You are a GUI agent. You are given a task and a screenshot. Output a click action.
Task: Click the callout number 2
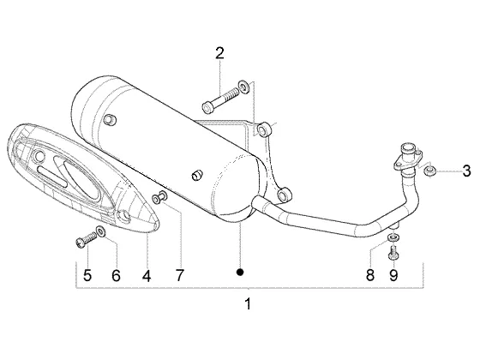[219, 53]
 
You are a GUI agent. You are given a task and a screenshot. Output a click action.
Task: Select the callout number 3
[466, 171]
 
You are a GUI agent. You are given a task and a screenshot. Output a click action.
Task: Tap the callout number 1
[248, 304]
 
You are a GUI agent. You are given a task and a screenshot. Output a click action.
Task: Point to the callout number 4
[147, 276]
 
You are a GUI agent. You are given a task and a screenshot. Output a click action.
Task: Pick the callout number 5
[87, 275]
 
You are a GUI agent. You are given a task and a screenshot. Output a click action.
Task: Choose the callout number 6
[116, 275]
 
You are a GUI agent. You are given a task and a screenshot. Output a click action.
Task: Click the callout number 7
[180, 275]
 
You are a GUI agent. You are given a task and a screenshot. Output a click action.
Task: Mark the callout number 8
[370, 275]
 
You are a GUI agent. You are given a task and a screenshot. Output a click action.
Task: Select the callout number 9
[393, 275]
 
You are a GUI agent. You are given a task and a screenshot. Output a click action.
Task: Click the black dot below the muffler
[240, 272]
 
